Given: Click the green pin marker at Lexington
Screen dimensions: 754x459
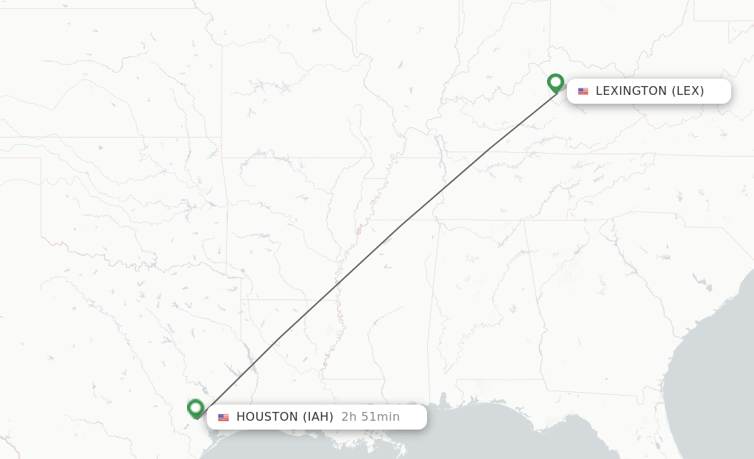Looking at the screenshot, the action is pyautogui.click(x=555, y=83).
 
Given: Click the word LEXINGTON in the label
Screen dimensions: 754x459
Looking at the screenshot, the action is pyautogui.click(x=631, y=91).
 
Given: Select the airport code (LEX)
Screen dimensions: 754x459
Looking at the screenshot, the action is pyautogui.click(x=688, y=91).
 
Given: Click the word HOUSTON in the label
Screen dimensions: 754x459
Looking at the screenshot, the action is pyautogui.click(x=267, y=417).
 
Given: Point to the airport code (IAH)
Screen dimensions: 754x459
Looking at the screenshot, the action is pyautogui.click(x=318, y=417).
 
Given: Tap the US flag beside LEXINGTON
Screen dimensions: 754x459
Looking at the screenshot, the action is pyautogui.click(x=583, y=91).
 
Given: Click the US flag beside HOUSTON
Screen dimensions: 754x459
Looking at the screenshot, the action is pyautogui.click(x=223, y=417).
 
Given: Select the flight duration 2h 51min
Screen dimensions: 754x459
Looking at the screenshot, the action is pyautogui.click(x=370, y=417).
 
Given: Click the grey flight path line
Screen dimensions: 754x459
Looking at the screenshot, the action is pyautogui.click(x=376, y=250).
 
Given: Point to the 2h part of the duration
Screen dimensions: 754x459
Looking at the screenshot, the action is pyautogui.click(x=348, y=417).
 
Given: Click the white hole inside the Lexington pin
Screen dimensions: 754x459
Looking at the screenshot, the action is pyautogui.click(x=555, y=81).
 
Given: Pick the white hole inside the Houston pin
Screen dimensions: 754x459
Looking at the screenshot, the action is pyautogui.click(x=195, y=406).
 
